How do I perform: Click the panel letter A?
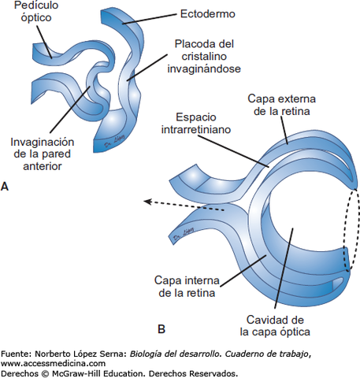pyautogui.click(x=6, y=187)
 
